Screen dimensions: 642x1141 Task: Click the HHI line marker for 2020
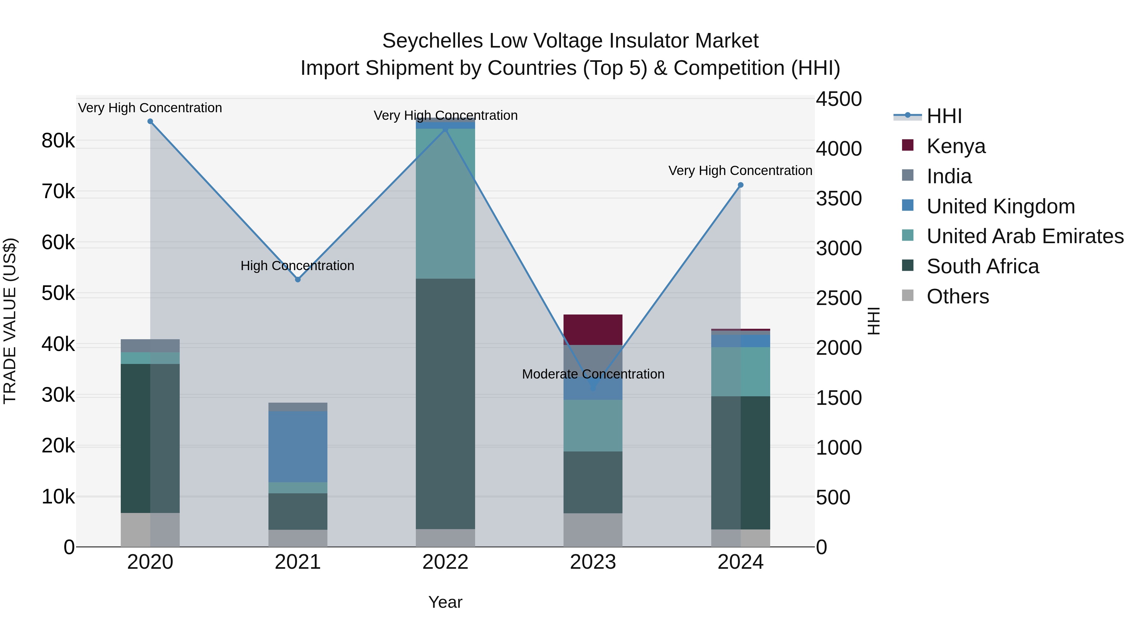click(x=150, y=121)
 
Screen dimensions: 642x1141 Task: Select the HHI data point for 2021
click(x=298, y=280)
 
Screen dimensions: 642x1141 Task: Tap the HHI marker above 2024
click(x=741, y=185)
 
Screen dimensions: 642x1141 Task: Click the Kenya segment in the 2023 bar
click(x=593, y=330)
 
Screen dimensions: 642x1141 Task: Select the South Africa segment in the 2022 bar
click(x=445, y=403)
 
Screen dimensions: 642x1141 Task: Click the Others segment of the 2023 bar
click(x=593, y=530)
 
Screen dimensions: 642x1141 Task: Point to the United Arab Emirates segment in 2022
click(x=445, y=204)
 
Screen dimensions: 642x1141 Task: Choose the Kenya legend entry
click(x=956, y=146)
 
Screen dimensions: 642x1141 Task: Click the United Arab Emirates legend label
click(x=1025, y=236)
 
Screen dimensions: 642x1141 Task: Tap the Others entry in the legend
click(x=957, y=296)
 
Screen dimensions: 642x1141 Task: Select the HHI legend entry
click(x=944, y=116)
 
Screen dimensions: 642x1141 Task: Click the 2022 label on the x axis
click(x=445, y=562)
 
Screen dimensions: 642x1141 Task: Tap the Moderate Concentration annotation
click(x=593, y=374)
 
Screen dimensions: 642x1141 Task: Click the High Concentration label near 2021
click(x=297, y=266)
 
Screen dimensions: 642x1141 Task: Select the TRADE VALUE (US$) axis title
click(x=10, y=321)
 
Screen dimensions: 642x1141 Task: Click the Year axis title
click(x=445, y=602)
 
